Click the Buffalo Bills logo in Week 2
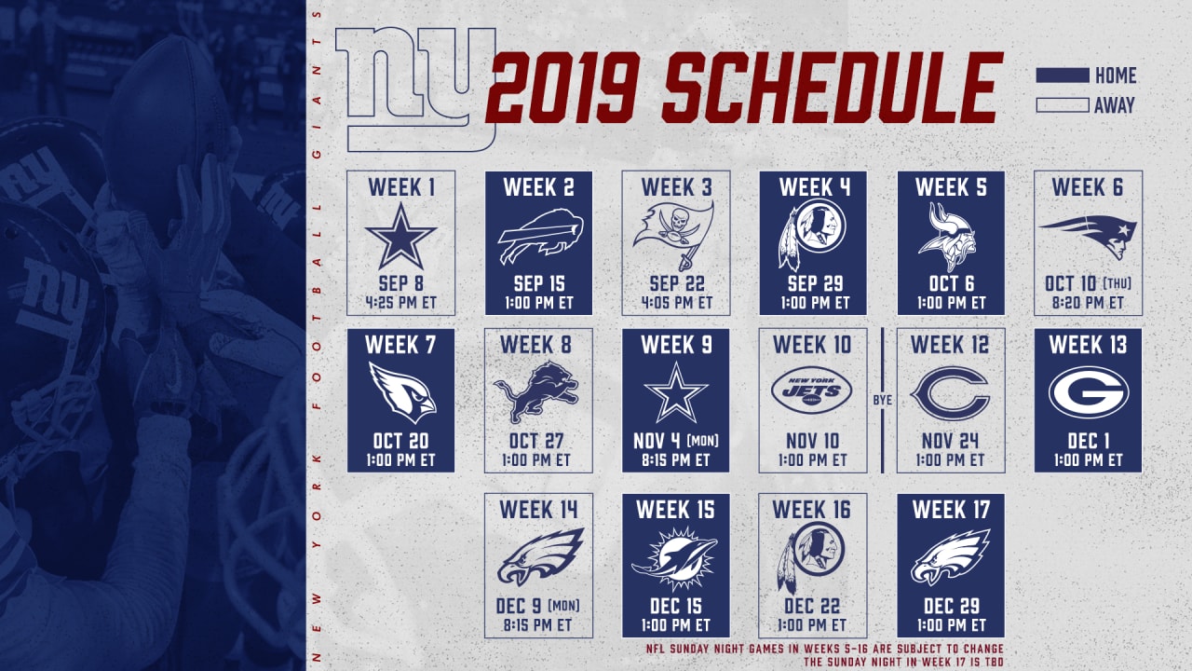[x=540, y=236]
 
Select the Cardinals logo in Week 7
[x=402, y=392]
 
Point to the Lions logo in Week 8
[x=536, y=392]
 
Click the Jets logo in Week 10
[x=812, y=390]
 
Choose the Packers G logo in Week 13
[x=1089, y=392]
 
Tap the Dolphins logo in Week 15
[x=675, y=559]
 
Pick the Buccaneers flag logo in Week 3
[x=673, y=234]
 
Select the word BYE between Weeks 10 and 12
[x=882, y=400]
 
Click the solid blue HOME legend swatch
[x=1063, y=75]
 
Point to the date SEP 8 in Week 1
[x=400, y=283]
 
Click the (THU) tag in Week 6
[x=1117, y=282]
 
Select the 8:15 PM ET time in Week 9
[x=675, y=460]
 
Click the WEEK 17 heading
[x=951, y=510]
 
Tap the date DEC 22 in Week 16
[x=812, y=606]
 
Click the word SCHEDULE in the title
[x=832, y=88]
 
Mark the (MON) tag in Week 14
[x=563, y=606]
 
